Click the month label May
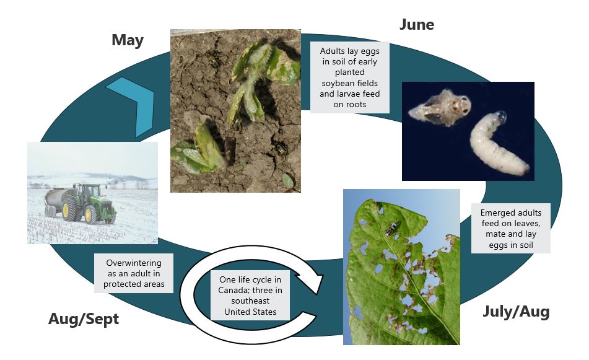click(128, 40)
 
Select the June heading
click(417, 25)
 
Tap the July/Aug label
click(516, 312)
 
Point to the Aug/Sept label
click(84, 319)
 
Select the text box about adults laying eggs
click(350, 77)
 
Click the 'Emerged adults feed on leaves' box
click(511, 229)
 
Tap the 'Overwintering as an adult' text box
click(134, 273)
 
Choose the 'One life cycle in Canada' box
click(250, 296)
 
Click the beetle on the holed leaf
click(392, 229)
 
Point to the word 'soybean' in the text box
click(349, 83)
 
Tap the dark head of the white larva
click(500, 116)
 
